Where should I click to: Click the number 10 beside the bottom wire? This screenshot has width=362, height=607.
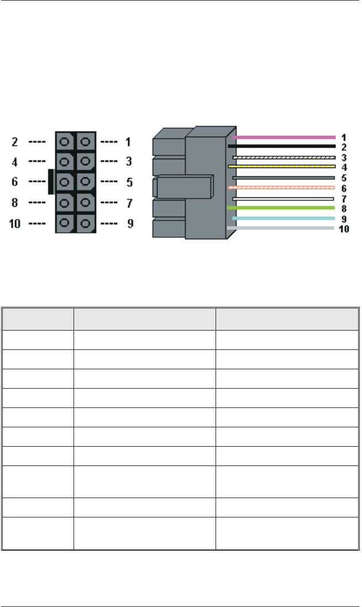click(x=344, y=228)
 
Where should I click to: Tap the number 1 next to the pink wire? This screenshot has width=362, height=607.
click(x=344, y=137)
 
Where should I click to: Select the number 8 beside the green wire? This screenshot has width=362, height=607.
click(x=344, y=208)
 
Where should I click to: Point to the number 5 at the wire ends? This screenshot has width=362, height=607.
click(x=344, y=177)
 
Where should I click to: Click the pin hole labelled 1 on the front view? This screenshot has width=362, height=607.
click(x=85, y=142)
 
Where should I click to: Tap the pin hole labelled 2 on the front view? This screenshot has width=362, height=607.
click(x=65, y=142)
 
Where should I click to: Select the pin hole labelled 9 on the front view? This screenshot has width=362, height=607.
click(x=85, y=224)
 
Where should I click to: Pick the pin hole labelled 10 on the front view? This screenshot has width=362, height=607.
click(x=65, y=224)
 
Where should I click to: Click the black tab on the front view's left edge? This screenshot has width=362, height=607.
click(x=51, y=182)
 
